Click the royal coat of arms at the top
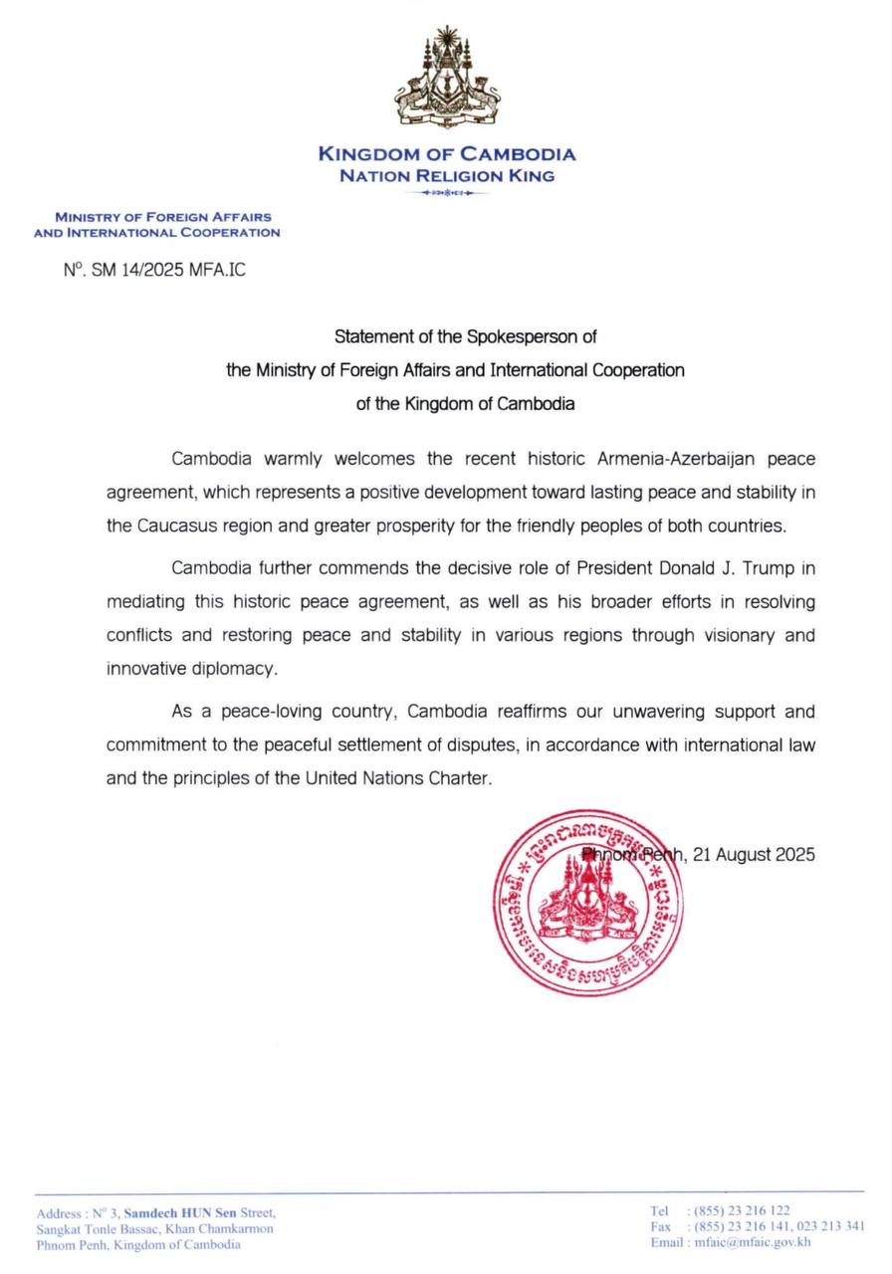pos(447,79)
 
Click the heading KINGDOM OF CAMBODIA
pos(447,154)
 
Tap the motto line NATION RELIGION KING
pos(447,176)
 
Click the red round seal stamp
pos(589,903)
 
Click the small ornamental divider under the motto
pos(447,193)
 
